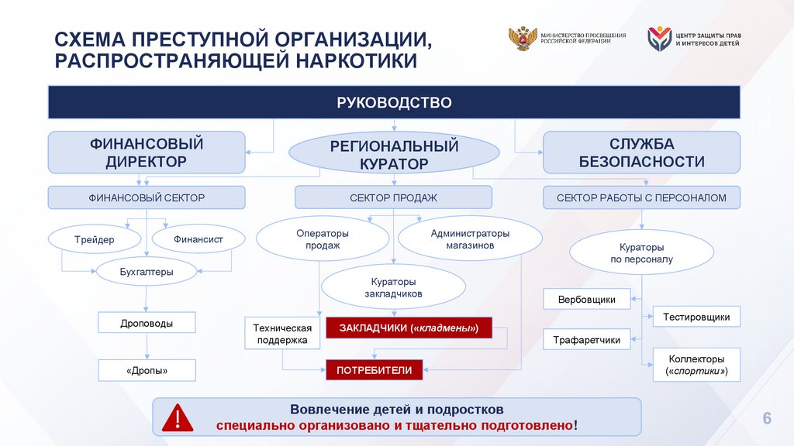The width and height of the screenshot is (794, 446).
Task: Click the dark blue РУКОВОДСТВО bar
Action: (x=394, y=102)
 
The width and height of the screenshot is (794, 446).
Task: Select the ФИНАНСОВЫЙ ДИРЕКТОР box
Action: (x=147, y=153)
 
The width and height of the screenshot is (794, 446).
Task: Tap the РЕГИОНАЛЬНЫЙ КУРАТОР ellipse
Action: (x=394, y=154)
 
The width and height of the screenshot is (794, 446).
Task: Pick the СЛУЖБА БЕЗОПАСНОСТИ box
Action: (x=641, y=153)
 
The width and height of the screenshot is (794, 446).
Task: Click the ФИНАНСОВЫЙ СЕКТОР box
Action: (x=147, y=198)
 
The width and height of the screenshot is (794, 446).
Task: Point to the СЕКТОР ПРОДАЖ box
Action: (x=393, y=198)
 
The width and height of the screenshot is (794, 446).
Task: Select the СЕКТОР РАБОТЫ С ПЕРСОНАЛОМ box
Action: (x=641, y=198)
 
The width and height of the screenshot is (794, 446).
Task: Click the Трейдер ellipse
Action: (x=95, y=239)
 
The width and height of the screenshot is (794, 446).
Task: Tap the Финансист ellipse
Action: (x=198, y=239)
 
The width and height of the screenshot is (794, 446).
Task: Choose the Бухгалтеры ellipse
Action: (x=147, y=272)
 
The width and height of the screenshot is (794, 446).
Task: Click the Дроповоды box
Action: (x=147, y=323)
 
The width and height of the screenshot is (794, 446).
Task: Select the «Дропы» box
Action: (x=147, y=371)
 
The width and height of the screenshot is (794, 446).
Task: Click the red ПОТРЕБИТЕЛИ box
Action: (x=375, y=370)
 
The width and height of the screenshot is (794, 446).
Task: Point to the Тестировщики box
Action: (x=696, y=317)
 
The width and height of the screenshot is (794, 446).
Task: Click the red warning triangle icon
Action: (x=178, y=418)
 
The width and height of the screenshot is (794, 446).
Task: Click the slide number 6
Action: (x=767, y=419)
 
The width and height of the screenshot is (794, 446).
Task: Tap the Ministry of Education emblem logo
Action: (x=522, y=40)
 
